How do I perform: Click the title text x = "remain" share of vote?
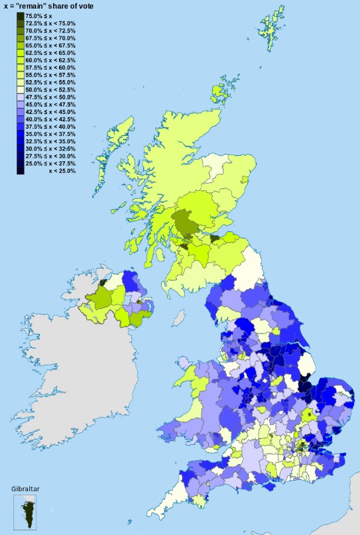50,6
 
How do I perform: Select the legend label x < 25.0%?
62,170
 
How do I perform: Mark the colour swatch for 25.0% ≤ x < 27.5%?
21,163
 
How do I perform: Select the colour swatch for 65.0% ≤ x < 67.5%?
21,46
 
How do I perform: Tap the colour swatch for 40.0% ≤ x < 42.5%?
21,119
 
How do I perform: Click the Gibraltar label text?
26,489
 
